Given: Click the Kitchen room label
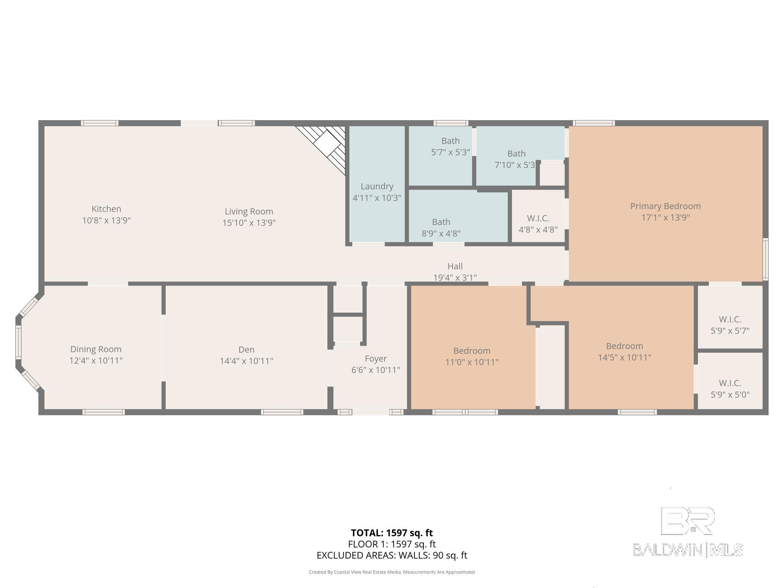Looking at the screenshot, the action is click(106, 209).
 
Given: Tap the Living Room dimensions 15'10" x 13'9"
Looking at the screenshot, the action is click(249, 222).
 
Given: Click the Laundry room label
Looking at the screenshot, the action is click(377, 186).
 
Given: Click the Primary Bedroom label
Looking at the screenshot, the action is click(666, 206).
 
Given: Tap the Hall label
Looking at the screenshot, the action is click(455, 266).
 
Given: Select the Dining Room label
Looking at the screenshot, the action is click(96, 349).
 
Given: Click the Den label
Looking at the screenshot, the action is click(247, 350).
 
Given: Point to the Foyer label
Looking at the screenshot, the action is click(376, 359).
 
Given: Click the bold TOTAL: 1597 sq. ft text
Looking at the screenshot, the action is click(392, 533).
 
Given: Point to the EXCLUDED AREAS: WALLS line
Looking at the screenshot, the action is click(392, 555).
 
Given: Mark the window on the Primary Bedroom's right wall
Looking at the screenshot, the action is click(765, 259).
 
